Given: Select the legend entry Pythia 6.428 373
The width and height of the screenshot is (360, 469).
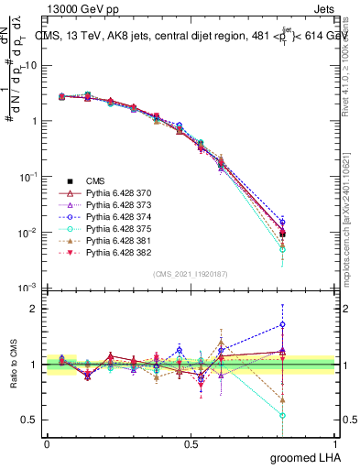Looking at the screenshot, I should point(115,208).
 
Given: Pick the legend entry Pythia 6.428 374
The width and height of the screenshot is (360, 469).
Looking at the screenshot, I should point(115,222).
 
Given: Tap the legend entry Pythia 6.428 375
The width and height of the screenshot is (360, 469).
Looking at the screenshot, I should point(115,235).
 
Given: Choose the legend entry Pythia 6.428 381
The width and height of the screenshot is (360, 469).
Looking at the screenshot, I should point(115,249).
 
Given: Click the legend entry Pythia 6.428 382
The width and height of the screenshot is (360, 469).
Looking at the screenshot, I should point(115,263).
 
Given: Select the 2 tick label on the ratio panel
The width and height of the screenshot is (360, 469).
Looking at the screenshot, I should point(32,309).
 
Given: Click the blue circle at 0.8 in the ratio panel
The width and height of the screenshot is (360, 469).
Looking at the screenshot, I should point(283,324).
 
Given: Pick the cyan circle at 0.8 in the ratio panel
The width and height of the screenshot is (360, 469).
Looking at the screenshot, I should point(283,415).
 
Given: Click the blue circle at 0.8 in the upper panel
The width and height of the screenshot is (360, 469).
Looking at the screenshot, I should point(283,222).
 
